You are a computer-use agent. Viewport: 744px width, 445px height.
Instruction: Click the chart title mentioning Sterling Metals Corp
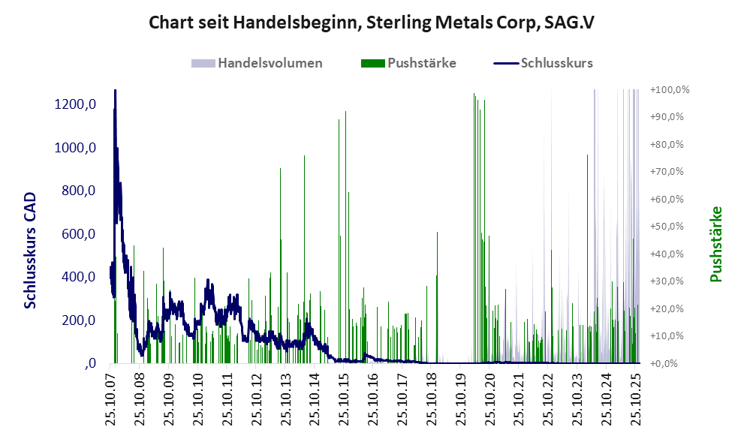(x=372, y=23)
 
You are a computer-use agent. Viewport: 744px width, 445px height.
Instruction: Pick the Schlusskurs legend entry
(x=556, y=63)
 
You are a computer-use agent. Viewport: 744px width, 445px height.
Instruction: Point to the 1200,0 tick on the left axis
(x=74, y=104)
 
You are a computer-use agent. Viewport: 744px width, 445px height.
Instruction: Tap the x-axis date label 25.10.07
(x=111, y=401)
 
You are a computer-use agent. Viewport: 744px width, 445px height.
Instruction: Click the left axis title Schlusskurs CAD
(x=31, y=248)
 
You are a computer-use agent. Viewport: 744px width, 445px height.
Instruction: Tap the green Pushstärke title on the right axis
(x=715, y=245)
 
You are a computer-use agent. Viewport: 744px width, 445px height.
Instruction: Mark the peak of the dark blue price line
(x=115, y=91)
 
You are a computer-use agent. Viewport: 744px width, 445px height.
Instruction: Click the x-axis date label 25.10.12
(x=256, y=401)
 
